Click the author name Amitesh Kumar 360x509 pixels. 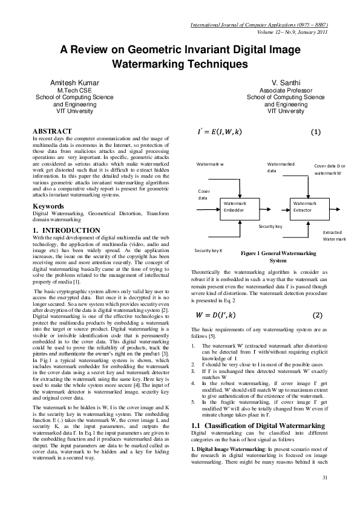click(x=74, y=82)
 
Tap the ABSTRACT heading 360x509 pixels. click(x=52, y=131)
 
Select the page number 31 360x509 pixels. click(x=325, y=496)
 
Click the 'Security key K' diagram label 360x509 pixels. click(x=208, y=250)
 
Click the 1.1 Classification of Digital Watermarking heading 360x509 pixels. click(x=258, y=409)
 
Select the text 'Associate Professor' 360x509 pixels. click(x=286, y=89)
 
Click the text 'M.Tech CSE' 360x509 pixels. click(x=74, y=89)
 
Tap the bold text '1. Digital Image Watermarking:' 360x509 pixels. click(x=225, y=435)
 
